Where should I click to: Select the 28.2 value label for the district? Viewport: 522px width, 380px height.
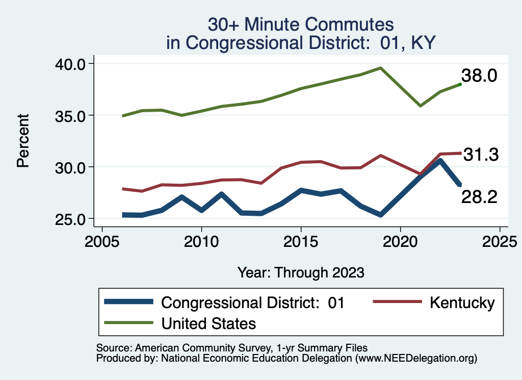479,197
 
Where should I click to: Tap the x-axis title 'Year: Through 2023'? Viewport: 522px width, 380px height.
301,272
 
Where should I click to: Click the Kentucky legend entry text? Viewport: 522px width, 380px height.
462,302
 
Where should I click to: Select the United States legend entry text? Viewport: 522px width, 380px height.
208,323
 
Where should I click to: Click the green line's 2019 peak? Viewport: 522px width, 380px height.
380,68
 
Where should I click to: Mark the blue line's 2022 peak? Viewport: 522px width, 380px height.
440,161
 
